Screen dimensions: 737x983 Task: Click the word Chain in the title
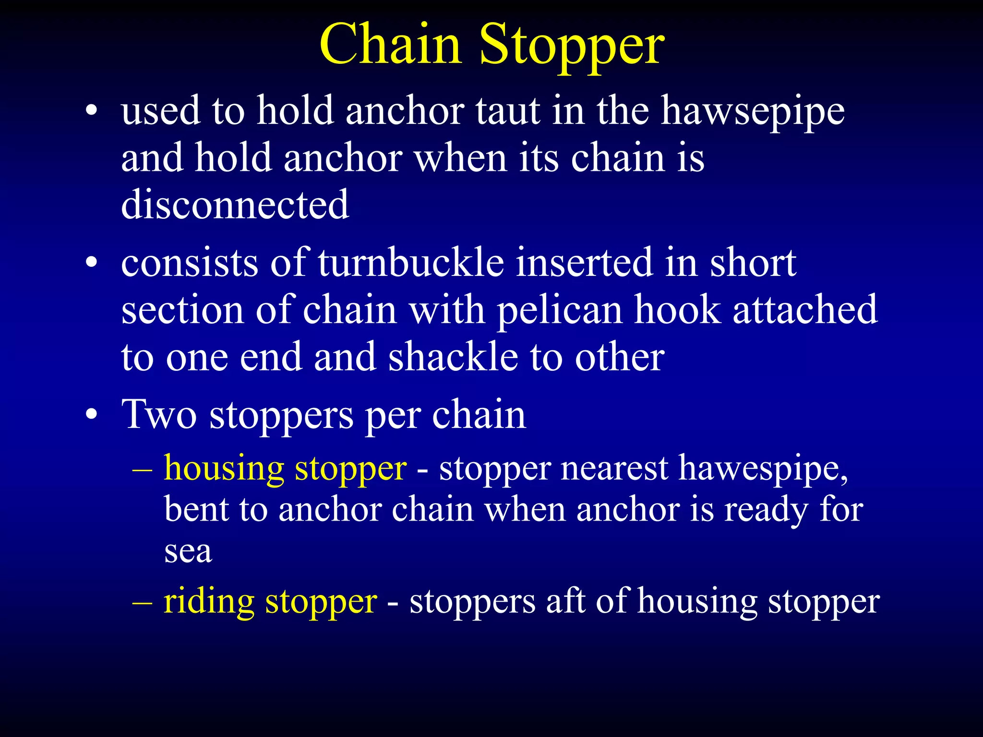tap(391, 44)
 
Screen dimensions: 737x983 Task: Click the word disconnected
tap(235, 204)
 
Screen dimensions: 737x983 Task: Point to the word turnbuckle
tap(411, 263)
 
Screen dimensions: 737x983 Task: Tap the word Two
tap(159, 414)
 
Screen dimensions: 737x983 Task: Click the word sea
tap(188, 551)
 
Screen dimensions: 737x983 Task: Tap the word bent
tap(196, 510)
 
